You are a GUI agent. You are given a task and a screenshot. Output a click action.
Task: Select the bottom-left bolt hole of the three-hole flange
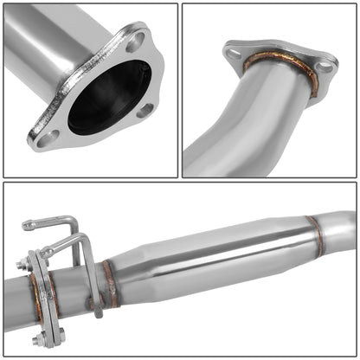point(47,136)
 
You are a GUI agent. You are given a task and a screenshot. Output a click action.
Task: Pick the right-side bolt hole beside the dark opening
point(145,110)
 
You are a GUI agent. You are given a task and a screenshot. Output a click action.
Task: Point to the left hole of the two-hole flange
point(233,54)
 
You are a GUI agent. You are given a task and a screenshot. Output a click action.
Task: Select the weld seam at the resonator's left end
point(108,284)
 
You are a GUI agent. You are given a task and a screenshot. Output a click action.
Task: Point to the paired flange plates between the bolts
point(39,299)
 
